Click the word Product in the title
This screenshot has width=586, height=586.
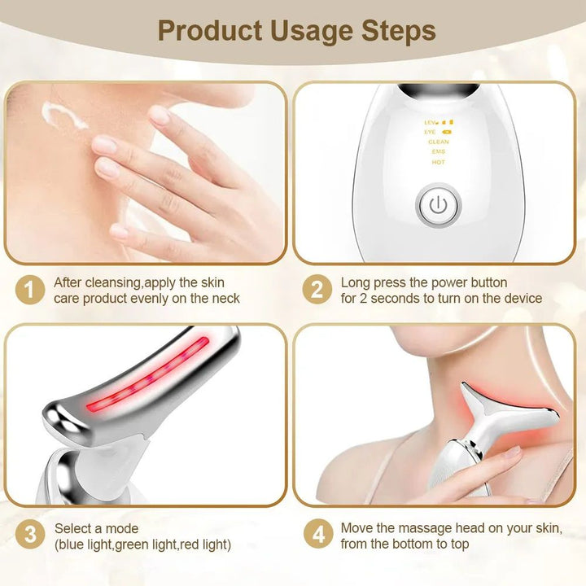208,31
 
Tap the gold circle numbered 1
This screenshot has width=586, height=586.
30,291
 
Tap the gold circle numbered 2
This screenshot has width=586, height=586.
317,291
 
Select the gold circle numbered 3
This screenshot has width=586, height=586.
30,536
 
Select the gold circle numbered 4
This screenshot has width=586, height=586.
317,536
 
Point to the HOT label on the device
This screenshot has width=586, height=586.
438,162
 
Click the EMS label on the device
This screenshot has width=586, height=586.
438,151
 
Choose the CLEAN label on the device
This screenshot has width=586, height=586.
438,142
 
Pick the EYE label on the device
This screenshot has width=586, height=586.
431,131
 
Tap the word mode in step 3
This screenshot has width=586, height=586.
123,529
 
